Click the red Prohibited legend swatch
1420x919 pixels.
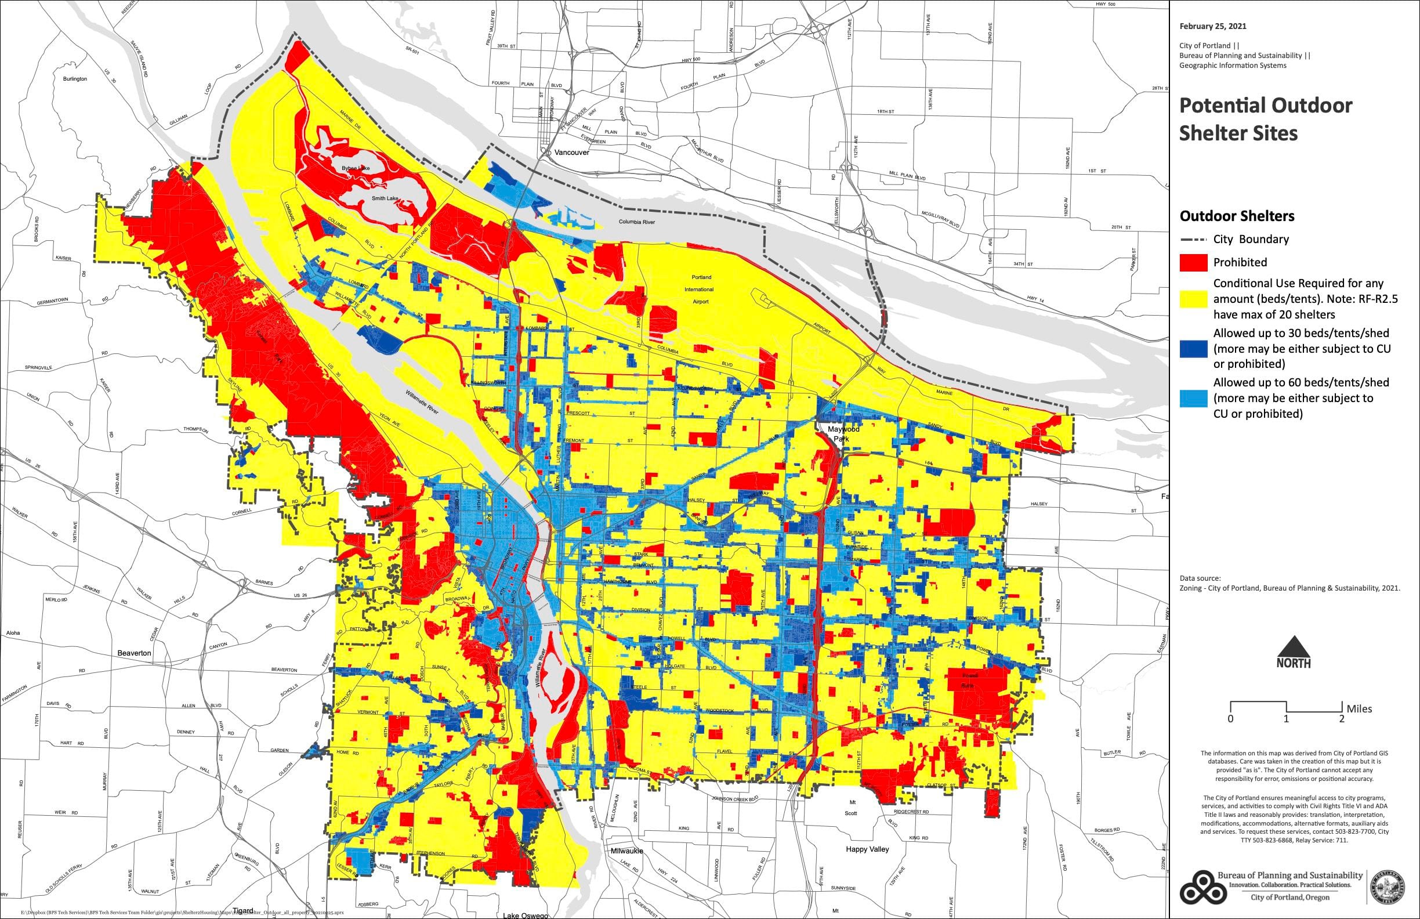[x=1193, y=262]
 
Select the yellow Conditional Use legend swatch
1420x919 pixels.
[x=1193, y=299]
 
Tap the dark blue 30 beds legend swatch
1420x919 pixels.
[x=1193, y=349]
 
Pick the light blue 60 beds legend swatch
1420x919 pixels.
[x=1193, y=398]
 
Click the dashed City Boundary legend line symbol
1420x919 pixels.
[x=1193, y=239]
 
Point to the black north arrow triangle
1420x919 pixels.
[x=1294, y=646]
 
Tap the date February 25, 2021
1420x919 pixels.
[x=1212, y=26]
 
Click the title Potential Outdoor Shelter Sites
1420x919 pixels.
[x=1265, y=119]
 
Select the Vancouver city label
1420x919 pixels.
[x=571, y=152]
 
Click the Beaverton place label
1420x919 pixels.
[x=134, y=653]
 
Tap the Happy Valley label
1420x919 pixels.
[x=867, y=849]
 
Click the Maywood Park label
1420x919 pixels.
[x=842, y=434]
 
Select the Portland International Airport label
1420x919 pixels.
[x=701, y=290]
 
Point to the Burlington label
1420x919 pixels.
[x=75, y=79]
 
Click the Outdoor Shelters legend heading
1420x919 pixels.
[x=1237, y=215]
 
